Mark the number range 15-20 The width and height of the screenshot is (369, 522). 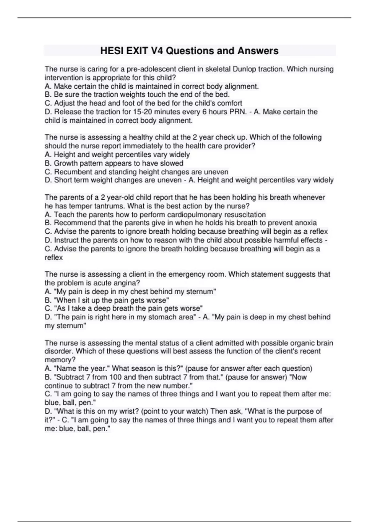click(x=143, y=112)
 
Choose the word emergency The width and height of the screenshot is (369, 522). click(x=183, y=274)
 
